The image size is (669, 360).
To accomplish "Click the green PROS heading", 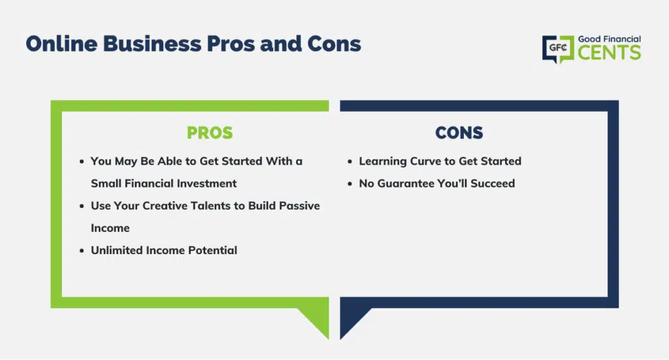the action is pyautogui.click(x=210, y=133).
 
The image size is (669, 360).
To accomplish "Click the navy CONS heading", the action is pyautogui.click(x=459, y=133).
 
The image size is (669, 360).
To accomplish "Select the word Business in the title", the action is pyautogui.click(x=152, y=44).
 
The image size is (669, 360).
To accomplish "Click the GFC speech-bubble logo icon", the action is pyautogui.click(x=558, y=49).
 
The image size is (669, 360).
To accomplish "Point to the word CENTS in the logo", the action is pyautogui.click(x=610, y=53).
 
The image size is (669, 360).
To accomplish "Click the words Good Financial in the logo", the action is pyautogui.click(x=610, y=39).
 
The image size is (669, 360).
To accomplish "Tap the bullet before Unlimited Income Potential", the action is pyautogui.click(x=82, y=251).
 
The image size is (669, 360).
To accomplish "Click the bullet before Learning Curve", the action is pyautogui.click(x=350, y=161).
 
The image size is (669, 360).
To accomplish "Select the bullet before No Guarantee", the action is pyautogui.click(x=350, y=184).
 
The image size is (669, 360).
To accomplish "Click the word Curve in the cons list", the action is pyautogui.click(x=425, y=161).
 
